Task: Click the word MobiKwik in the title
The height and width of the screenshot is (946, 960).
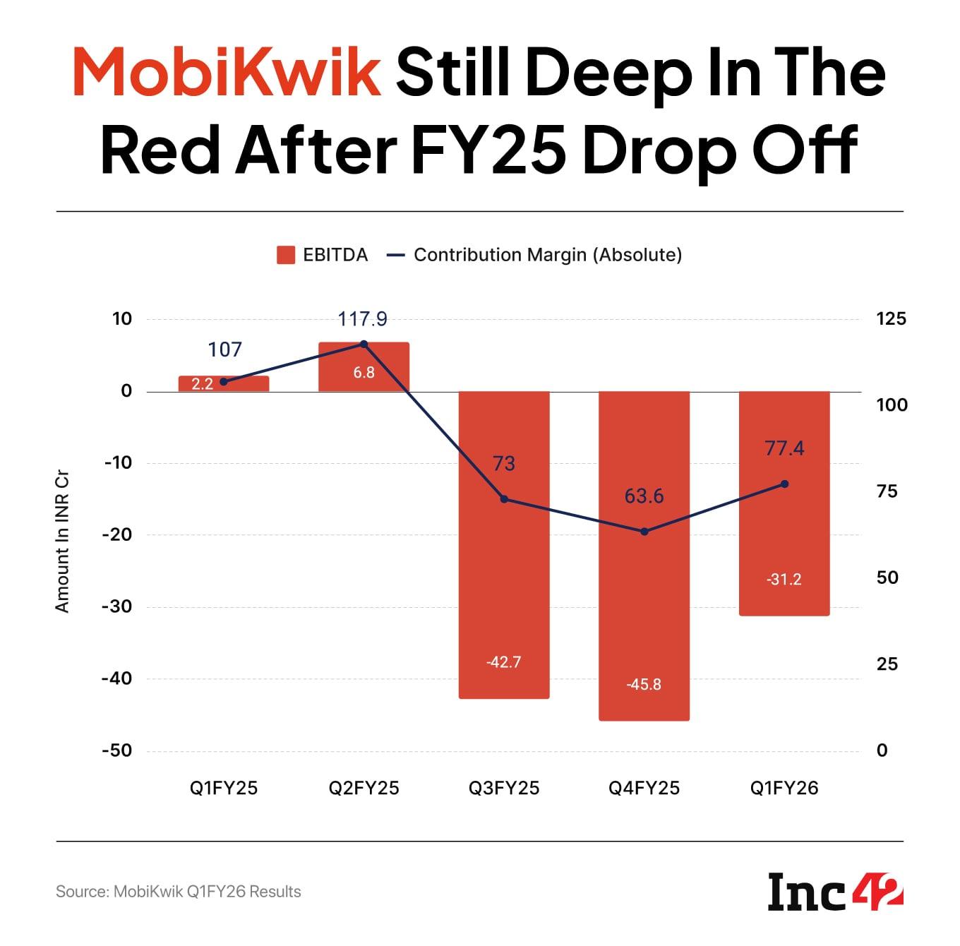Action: [x=227, y=73]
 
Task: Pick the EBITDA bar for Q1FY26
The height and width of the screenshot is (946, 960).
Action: [x=784, y=537]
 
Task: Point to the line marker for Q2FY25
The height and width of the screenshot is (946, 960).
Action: [x=364, y=344]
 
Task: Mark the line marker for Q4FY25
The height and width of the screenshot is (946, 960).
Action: [x=644, y=532]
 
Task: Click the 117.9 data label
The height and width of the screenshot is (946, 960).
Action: [x=363, y=319]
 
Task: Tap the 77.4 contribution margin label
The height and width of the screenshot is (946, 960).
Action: [x=784, y=448]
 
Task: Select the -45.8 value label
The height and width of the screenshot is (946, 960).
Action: [x=644, y=684]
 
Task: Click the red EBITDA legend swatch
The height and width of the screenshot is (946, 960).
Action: [x=285, y=255]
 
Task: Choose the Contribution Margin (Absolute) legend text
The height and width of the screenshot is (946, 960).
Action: [x=547, y=255]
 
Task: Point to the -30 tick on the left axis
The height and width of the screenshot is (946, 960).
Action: [x=117, y=606]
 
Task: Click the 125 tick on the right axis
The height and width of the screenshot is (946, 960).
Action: [x=891, y=318]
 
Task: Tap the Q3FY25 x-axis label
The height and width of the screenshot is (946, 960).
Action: [x=504, y=788]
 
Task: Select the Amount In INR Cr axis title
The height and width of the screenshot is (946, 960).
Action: [x=62, y=542]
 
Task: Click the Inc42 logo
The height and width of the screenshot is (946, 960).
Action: [x=835, y=891]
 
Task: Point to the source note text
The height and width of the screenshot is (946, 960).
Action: [x=179, y=892]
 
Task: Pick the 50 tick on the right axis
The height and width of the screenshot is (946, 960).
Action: [x=887, y=577]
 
